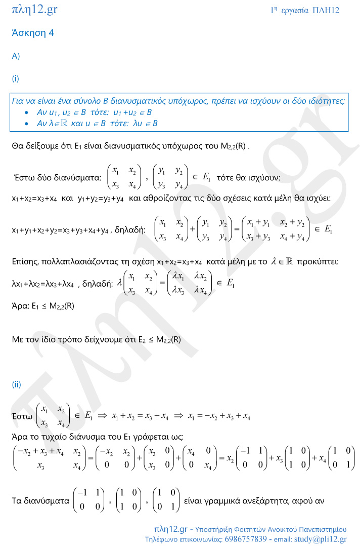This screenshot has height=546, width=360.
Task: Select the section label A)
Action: pos(16,56)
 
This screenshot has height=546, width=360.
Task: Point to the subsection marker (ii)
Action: pos(16,384)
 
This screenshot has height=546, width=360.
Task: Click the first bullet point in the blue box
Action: pos(26,112)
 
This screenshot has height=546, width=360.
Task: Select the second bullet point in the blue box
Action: pos(26,123)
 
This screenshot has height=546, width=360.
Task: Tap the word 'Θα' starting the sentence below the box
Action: pos(17,146)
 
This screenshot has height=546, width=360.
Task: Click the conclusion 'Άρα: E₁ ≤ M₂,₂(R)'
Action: pos(43,306)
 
